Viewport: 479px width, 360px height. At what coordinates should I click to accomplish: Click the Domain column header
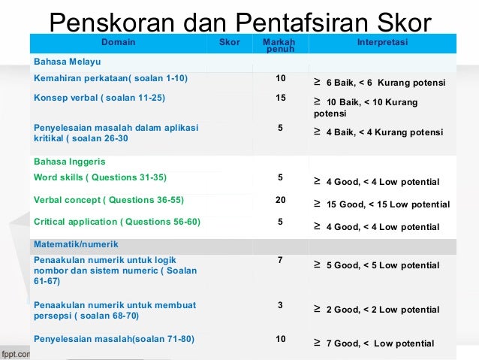tap(118, 43)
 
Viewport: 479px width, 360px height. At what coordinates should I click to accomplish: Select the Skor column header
tap(229, 43)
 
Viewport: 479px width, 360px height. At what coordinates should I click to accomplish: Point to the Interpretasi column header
tap(383, 43)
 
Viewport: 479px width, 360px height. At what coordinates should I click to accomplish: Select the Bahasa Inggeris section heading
tap(70, 162)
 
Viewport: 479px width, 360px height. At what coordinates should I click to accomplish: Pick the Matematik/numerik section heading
tap(76, 244)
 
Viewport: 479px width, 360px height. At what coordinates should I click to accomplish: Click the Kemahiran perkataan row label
tap(110, 78)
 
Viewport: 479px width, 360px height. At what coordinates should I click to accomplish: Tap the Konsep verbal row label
tap(99, 98)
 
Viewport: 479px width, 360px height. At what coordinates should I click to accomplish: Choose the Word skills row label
tap(100, 177)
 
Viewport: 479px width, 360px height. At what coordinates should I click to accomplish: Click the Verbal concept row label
tap(108, 200)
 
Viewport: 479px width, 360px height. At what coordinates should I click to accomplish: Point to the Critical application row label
tap(116, 222)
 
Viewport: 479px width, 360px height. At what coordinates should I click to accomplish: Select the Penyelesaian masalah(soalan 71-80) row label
tap(113, 339)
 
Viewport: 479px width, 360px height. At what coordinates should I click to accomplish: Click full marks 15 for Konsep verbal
tap(281, 98)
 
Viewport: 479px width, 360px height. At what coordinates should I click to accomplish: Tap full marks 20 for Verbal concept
tap(281, 200)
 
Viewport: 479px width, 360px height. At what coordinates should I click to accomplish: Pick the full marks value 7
tap(281, 259)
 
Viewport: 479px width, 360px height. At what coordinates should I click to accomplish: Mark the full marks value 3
tap(281, 304)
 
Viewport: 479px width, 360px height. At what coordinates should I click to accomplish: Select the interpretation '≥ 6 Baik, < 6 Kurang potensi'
tap(379, 83)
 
